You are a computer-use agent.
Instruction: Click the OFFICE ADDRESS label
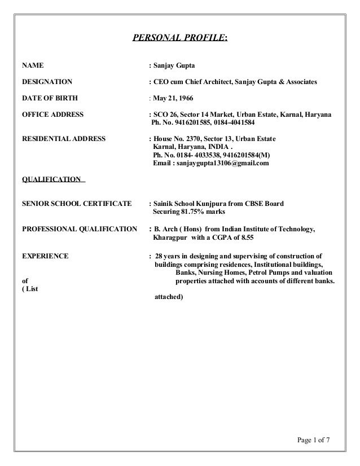pyautogui.click(x=52, y=115)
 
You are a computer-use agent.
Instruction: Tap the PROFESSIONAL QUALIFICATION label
pyautogui.click(x=79, y=228)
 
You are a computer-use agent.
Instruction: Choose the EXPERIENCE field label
pyautogui.click(x=45, y=256)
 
